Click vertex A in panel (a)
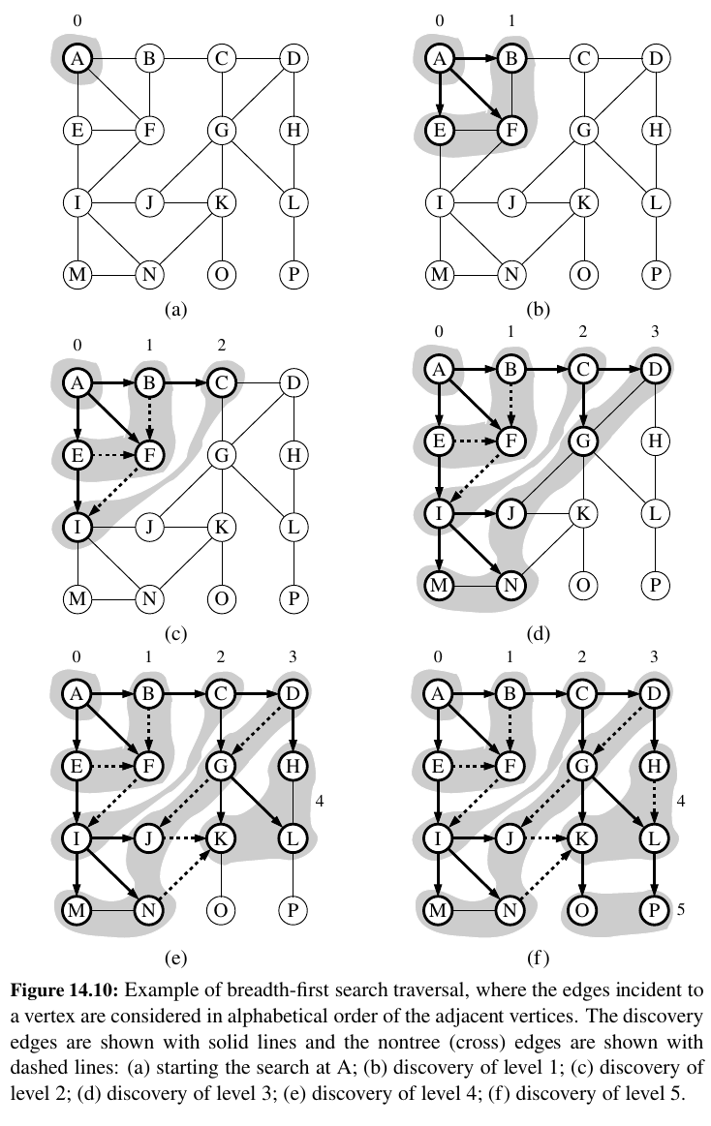(77, 59)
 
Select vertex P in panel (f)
(656, 910)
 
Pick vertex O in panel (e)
(222, 910)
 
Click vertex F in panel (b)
(510, 130)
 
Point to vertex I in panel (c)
(77, 528)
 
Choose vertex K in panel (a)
(222, 203)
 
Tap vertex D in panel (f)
(656, 695)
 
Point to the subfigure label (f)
(538, 959)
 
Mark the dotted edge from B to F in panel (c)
(149, 414)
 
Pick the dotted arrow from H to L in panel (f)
(656, 803)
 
